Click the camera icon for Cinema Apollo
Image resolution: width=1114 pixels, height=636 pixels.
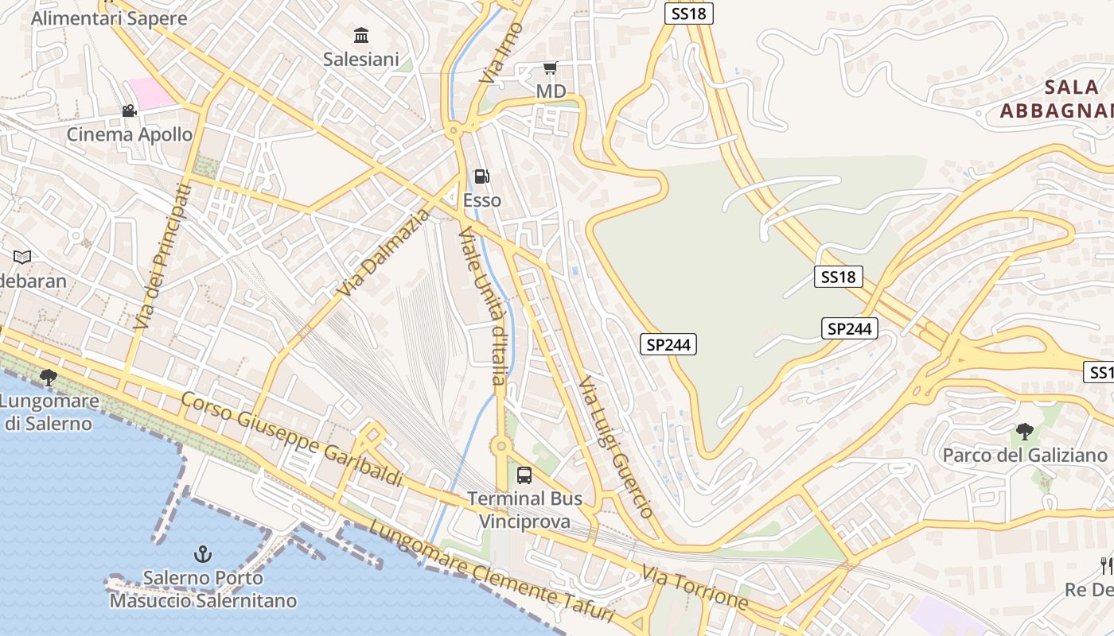click(x=129, y=111)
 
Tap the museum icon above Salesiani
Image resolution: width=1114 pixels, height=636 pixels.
click(x=361, y=35)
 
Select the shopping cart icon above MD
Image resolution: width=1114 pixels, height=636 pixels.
click(x=550, y=68)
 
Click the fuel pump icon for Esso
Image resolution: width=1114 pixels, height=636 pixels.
click(x=481, y=176)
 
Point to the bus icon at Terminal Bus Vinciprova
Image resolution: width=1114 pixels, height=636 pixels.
click(x=524, y=475)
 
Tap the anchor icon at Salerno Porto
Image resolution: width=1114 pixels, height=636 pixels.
click(x=204, y=553)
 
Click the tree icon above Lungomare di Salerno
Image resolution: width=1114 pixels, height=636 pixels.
click(x=49, y=377)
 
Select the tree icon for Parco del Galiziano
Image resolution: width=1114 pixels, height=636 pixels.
click(x=1025, y=432)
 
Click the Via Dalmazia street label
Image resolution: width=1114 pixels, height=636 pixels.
click(x=384, y=253)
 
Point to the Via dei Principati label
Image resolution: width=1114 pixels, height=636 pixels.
click(x=163, y=257)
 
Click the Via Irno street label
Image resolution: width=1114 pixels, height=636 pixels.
click(x=493, y=53)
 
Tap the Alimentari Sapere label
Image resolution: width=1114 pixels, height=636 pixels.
click(x=109, y=18)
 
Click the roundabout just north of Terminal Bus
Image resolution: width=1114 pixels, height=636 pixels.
click(x=501, y=447)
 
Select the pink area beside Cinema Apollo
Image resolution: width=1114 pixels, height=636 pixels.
click(x=152, y=93)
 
